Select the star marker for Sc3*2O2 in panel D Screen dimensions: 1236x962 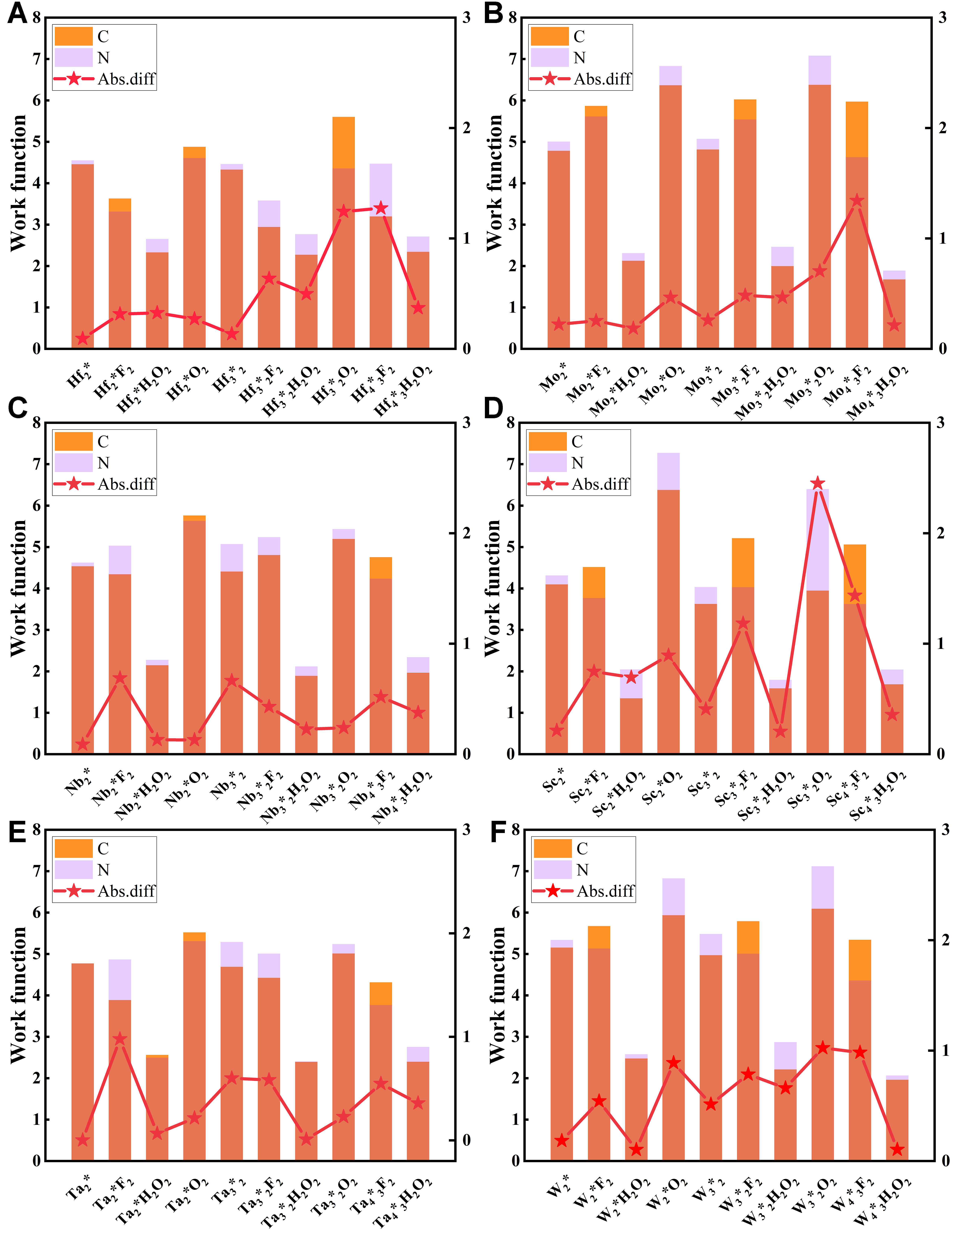pos(817,483)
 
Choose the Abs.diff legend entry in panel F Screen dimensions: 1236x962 pos(583,891)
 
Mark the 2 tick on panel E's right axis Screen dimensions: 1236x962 pos(466,933)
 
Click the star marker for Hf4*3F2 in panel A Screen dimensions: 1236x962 pos(381,208)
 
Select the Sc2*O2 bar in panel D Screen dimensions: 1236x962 pos(668,603)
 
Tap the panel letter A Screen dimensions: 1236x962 pos(17,14)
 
